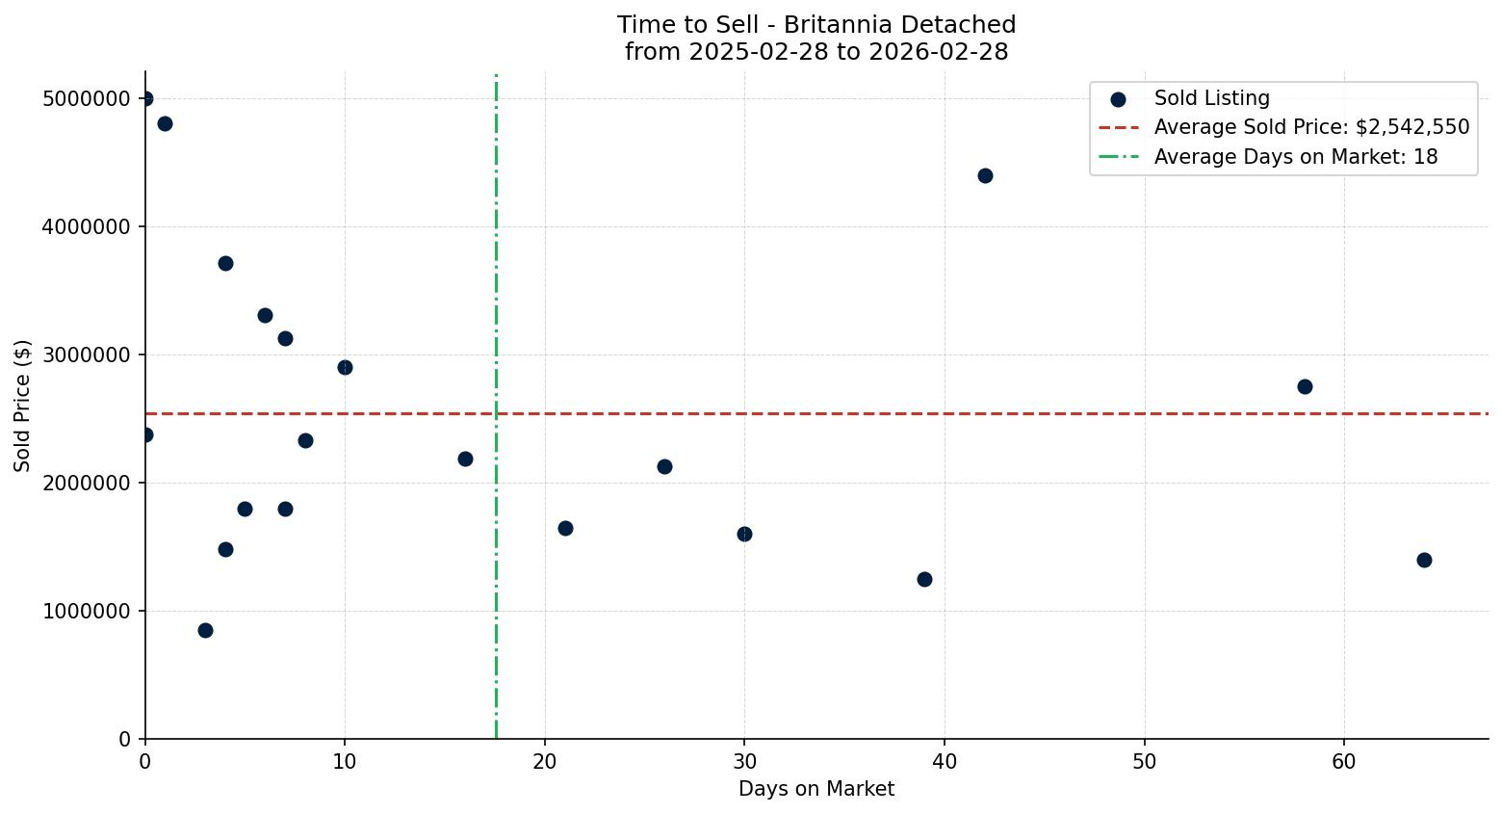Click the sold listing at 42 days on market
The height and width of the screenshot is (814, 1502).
tap(985, 175)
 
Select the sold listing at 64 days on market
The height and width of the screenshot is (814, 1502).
tap(1424, 560)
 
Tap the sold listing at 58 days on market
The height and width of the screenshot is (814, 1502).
tap(1305, 386)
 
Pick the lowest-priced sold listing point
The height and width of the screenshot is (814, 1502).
tap(205, 630)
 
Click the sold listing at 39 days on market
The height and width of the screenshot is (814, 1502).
tap(924, 579)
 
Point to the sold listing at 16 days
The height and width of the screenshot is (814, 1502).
tap(465, 459)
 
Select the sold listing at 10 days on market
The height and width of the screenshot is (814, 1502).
tap(345, 367)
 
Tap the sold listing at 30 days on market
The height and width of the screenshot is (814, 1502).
tap(744, 534)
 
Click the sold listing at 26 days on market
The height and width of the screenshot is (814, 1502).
tap(664, 466)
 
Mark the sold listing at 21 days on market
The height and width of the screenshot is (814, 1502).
tap(565, 528)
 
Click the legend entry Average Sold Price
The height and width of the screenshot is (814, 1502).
tap(1311, 127)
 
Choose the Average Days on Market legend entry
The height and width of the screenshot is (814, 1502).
tap(1295, 157)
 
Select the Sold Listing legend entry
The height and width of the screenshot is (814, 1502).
tap(1211, 98)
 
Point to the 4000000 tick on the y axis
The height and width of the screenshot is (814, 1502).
tap(87, 227)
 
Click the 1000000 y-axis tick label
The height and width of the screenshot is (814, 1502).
tap(87, 611)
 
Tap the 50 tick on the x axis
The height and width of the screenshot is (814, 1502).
tap(1144, 762)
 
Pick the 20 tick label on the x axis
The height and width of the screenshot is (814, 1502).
tap(545, 762)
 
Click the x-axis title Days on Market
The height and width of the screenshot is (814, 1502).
tap(816, 789)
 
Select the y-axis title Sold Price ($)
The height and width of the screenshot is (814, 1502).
tap(23, 406)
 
